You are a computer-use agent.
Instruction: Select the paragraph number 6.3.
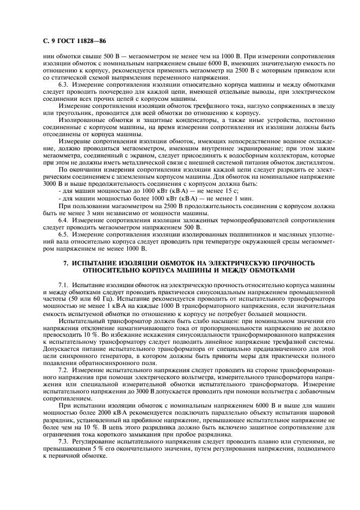pyautogui.click(x=64, y=85)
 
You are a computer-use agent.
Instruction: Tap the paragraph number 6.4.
pyautogui.click(x=64, y=220)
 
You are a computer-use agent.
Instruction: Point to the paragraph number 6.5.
pyautogui.click(x=64, y=234)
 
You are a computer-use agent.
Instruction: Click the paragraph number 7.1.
pyautogui.click(x=64, y=285)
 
